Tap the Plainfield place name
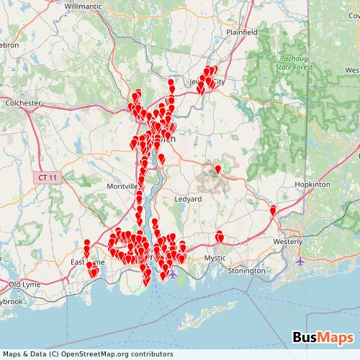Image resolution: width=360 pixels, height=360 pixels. (x=242, y=32)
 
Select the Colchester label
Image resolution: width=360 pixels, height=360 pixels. (x=23, y=103)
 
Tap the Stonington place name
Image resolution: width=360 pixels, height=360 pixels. (x=246, y=271)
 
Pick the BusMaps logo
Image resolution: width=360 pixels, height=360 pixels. (x=323, y=338)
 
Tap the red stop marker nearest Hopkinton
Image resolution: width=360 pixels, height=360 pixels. (x=274, y=210)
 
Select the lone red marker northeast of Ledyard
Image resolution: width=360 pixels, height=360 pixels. (x=218, y=168)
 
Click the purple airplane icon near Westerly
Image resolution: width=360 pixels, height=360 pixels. (x=300, y=261)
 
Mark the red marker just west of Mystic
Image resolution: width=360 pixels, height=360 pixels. (x=220, y=235)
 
